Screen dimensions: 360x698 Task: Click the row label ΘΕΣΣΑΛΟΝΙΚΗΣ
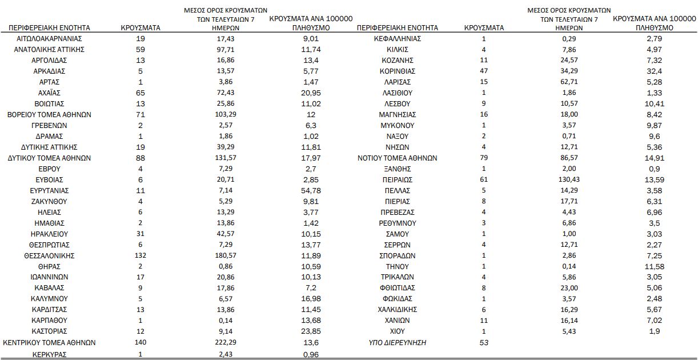coord(49,255)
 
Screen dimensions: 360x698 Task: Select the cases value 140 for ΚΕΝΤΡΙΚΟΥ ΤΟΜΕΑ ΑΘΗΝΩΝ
coord(140,342)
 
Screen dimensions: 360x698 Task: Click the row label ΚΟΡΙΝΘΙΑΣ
coord(397,71)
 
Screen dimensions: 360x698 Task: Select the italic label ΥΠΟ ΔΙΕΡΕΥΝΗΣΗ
coord(397,342)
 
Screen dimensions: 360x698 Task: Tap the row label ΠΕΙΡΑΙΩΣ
coord(397,179)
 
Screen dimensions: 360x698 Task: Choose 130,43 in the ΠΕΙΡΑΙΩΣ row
coord(569,179)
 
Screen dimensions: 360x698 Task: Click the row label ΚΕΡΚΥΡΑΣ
coord(49,354)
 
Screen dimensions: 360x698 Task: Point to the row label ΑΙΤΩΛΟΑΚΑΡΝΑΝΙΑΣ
coord(49,39)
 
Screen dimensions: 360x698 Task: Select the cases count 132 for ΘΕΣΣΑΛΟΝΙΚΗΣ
coord(140,255)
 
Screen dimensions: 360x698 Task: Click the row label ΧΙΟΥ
coord(397,331)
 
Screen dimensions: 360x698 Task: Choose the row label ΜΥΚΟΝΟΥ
coord(397,125)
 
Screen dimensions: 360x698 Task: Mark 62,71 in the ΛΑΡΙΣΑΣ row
coord(569,82)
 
